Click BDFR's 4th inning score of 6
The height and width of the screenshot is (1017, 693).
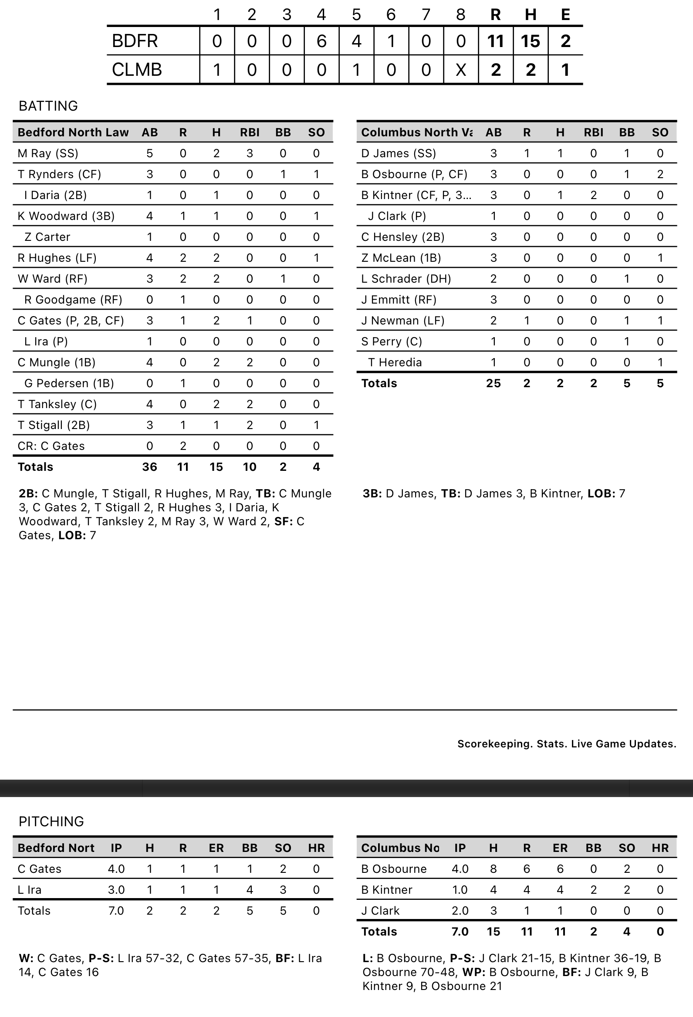(x=321, y=41)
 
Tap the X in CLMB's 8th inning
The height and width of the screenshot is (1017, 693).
(x=461, y=70)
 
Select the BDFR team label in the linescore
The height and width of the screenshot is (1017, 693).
(x=135, y=41)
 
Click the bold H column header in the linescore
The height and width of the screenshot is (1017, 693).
(x=530, y=15)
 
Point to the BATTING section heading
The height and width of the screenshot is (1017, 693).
(x=48, y=106)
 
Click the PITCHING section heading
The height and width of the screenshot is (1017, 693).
(x=51, y=821)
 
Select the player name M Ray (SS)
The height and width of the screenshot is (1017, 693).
(x=47, y=153)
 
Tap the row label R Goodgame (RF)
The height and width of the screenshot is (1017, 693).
(x=73, y=300)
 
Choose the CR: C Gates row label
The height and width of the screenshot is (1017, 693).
(x=51, y=446)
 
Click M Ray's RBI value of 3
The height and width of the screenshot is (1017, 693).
(x=250, y=153)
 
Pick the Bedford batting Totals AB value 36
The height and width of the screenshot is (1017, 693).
(x=150, y=467)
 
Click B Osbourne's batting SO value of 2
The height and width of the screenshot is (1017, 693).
(x=660, y=174)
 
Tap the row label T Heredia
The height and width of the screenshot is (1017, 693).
(x=395, y=362)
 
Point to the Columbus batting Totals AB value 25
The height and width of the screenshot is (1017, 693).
(x=494, y=383)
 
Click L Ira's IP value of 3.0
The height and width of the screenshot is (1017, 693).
(x=116, y=890)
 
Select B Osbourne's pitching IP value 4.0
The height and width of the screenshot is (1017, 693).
(x=460, y=868)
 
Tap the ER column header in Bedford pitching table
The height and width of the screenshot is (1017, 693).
(x=216, y=848)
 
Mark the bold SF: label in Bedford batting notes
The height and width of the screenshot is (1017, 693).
(x=284, y=522)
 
